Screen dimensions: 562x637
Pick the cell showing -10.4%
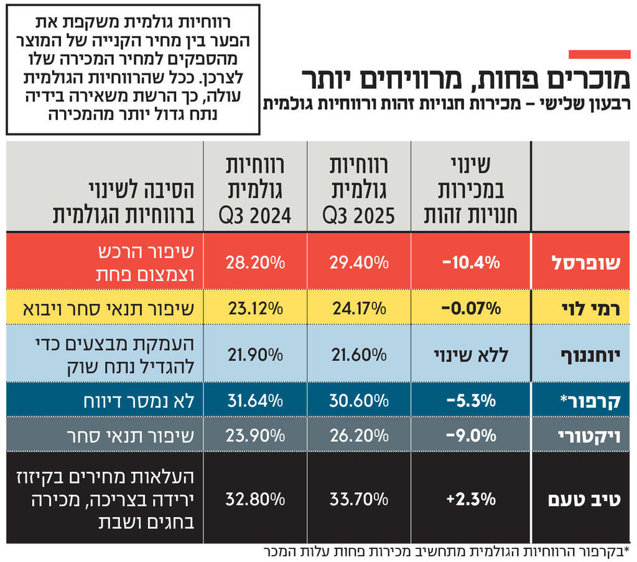pyautogui.click(x=471, y=262)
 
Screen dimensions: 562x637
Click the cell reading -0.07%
pyautogui.click(x=471, y=307)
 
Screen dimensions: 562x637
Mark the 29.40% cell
pyautogui.click(x=359, y=262)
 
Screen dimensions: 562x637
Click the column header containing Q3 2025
pyautogui.click(x=359, y=187)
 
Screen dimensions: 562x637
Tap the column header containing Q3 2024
pyautogui.click(x=254, y=187)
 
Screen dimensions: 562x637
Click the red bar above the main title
pyautogui.click(x=599, y=54)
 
